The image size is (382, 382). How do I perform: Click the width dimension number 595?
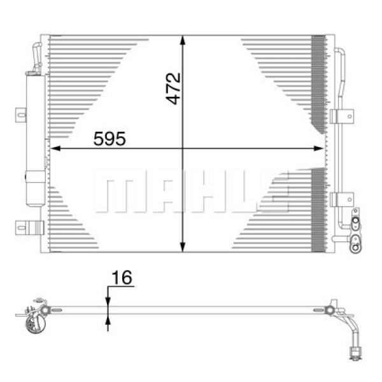click(x=110, y=139)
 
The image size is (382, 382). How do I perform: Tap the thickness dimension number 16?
click(x=121, y=278)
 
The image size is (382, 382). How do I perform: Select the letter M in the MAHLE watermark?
click(x=118, y=192)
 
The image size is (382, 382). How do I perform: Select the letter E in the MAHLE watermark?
click(x=274, y=192)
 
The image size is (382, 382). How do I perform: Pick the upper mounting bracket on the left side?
click(x=21, y=115)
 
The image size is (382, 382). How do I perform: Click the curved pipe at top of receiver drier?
click(x=38, y=56)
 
